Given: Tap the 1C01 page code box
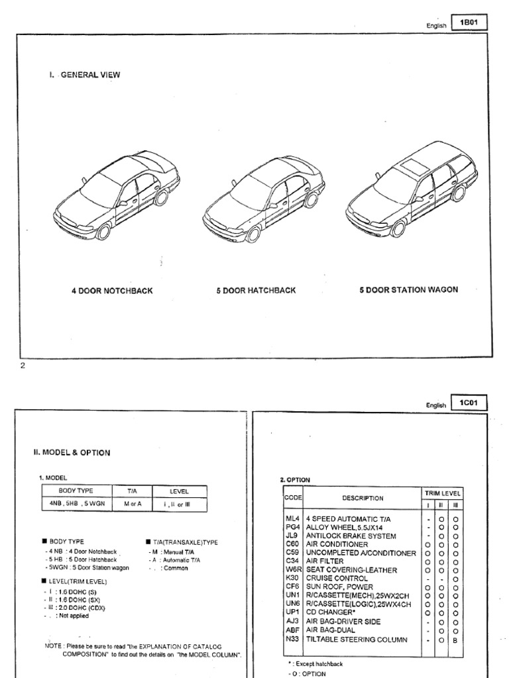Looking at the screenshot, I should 469,403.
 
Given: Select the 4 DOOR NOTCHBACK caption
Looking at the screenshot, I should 112,291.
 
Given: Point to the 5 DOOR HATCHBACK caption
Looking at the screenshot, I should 256,291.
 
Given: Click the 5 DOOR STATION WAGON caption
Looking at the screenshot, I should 408,289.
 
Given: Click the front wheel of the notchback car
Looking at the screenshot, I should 103,231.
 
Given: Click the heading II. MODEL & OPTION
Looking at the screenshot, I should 72,453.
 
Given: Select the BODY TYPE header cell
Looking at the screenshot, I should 76,491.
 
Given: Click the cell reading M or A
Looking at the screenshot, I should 131,505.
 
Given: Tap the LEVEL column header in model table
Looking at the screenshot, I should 179,491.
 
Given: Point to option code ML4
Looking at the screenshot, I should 292,518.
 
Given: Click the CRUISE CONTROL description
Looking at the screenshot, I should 337,579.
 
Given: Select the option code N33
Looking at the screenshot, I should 292,640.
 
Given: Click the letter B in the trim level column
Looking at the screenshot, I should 455,640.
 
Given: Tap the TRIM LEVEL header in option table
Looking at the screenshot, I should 443,494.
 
